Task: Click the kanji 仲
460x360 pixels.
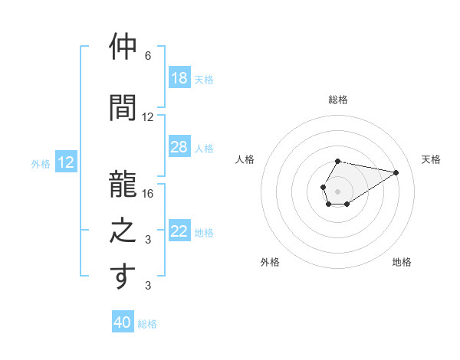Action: pyautogui.click(x=123, y=48)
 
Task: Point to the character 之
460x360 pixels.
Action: pyautogui.click(x=123, y=230)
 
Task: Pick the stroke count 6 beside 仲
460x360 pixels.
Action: pyautogui.click(x=148, y=56)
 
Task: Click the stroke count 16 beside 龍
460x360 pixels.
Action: pyautogui.click(x=148, y=194)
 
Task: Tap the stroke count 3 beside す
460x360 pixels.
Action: pyautogui.click(x=148, y=286)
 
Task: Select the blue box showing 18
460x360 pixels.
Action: pyautogui.click(x=179, y=78)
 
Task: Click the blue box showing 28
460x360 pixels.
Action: pyautogui.click(x=179, y=147)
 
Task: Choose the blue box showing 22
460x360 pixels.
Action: pyautogui.click(x=179, y=231)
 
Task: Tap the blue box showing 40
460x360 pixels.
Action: pyautogui.click(x=123, y=322)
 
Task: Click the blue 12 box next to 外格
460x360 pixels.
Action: pyautogui.click(x=66, y=162)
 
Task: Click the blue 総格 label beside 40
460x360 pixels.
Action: pyautogui.click(x=147, y=324)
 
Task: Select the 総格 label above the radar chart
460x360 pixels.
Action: pyautogui.click(x=338, y=100)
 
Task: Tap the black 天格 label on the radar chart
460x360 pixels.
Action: pyautogui.click(x=431, y=159)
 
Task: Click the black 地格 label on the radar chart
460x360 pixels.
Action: pyautogui.click(x=402, y=262)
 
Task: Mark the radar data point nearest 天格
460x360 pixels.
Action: pyautogui.click(x=396, y=172)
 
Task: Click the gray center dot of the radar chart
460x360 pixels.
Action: pyautogui.click(x=337, y=190)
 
